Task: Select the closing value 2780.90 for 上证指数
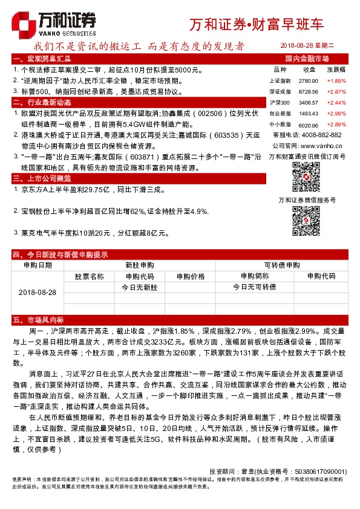309,80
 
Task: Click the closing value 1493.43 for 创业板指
309,113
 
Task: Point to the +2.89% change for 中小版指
336,125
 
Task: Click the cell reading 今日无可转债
254,287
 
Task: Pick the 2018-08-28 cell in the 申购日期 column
38,292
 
